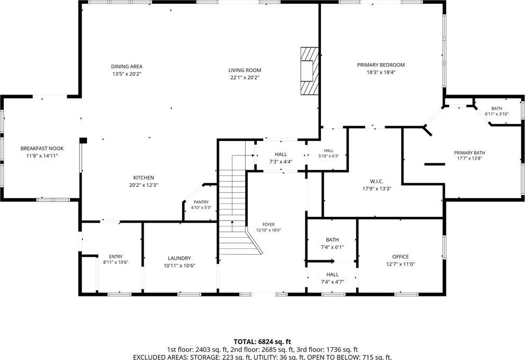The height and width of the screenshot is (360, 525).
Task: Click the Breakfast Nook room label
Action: tap(42, 148)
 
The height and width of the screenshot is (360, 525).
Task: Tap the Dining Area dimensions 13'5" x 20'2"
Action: tap(127, 74)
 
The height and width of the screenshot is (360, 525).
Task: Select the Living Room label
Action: tap(245, 70)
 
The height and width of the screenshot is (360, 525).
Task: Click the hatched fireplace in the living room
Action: tap(309, 71)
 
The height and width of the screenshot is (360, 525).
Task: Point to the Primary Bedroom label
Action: tap(381, 65)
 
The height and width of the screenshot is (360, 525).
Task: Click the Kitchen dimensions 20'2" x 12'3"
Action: tap(144, 185)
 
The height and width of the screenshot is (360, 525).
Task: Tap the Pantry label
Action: tap(201, 202)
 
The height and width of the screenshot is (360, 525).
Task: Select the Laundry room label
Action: tap(179, 258)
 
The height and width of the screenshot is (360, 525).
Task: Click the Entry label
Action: tap(116, 256)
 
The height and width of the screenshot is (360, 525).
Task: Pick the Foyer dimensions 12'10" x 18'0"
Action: tap(269, 230)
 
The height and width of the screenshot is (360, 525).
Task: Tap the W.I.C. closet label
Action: tap(377, 181)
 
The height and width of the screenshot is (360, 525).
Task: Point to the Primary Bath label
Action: tap(469, 153)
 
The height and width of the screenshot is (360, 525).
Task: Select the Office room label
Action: tap(401, 256)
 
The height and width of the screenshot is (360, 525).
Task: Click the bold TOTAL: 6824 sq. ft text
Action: tap(262, 342)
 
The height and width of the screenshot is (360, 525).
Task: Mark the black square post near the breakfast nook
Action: tap(83, 140)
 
